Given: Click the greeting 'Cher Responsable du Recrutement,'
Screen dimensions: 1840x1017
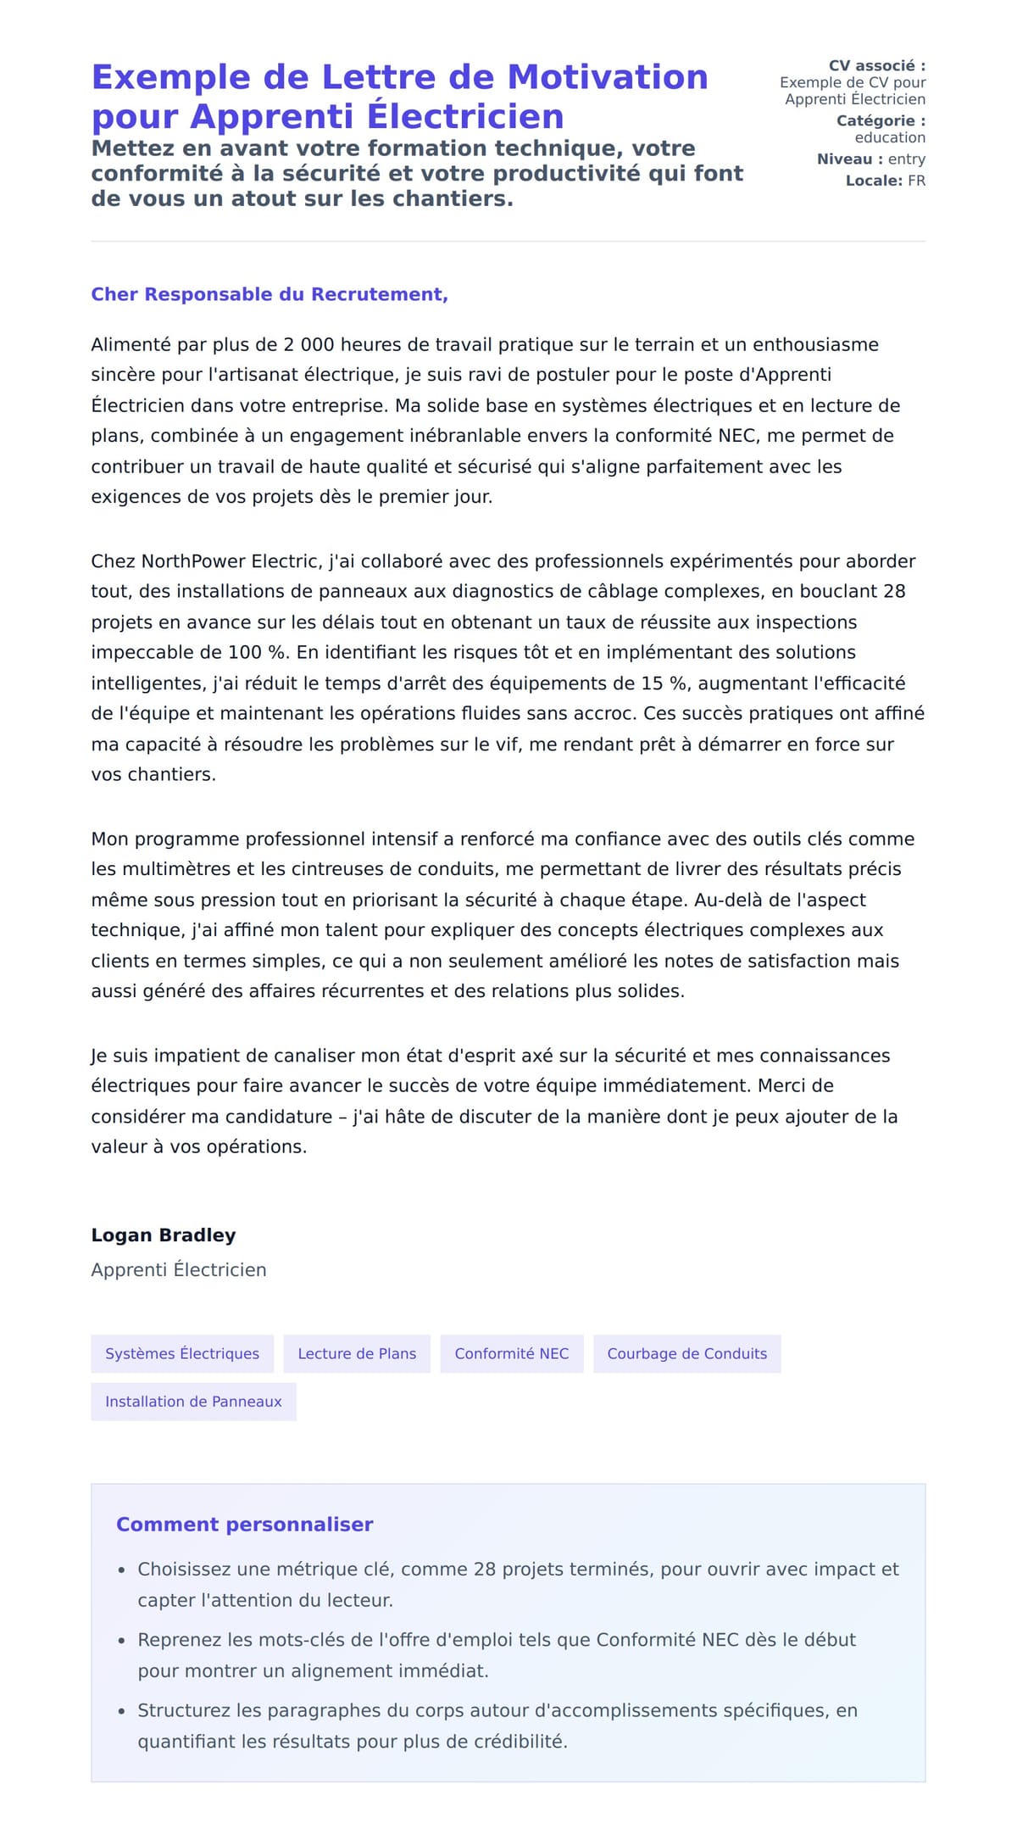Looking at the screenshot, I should click(x=270, y=294).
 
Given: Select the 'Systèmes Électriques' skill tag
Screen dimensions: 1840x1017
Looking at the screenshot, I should click(x=182, y=1353).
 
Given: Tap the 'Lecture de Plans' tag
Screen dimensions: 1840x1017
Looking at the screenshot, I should click(x=357, y=1353).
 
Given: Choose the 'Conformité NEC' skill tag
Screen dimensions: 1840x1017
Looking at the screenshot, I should click(x=511, y=1353).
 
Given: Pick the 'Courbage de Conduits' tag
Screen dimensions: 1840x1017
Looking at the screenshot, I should click(x=686, y=1353).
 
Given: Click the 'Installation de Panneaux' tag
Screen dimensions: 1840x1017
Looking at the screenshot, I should click(x=193, y=1402).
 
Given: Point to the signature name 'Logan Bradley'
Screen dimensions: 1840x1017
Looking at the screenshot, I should click(x=164, y=1235).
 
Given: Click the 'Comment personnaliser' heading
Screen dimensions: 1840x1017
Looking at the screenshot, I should click(x=244, y=1524).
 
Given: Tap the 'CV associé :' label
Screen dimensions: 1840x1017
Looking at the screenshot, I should click(x=876, y=65).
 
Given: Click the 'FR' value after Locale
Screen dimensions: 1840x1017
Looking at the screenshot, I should click(x=916, y=181).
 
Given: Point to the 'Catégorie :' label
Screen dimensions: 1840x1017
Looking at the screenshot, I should click(x=881, y=120).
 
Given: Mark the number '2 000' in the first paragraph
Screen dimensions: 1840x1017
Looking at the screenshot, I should click(x=309, y=344).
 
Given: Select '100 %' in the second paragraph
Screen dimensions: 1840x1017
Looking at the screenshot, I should click(x=258, y=652).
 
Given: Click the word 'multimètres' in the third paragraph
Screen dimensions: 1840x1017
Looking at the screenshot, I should click(x=176, y=868).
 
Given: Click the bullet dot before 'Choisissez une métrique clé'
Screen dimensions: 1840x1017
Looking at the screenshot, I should click(x=122, y=1570).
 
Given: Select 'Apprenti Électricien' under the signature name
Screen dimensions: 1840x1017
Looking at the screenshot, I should click(x=179, y=1269).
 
